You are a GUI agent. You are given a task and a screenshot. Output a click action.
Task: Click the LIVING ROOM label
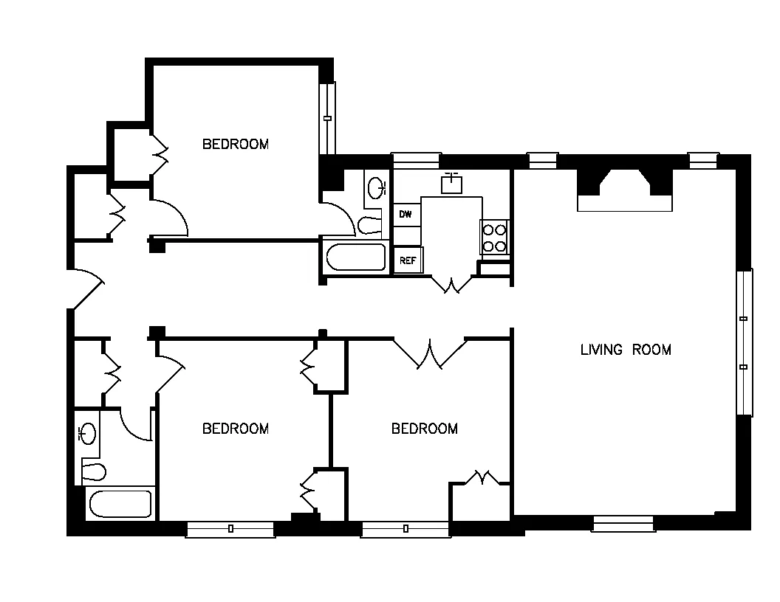pyautogui.click(x=626, y=350)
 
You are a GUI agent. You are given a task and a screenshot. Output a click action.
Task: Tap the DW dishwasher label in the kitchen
pyautogui.click(x=405, y=214)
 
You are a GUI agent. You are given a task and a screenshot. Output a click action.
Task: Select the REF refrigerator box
pyautogui.click(x=407, y=260)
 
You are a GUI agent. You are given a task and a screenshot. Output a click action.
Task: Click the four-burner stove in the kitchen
pyautogui.click(x=493, y=238)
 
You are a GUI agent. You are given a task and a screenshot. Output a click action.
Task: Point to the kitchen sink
pyautogui.click(x=451, y=182)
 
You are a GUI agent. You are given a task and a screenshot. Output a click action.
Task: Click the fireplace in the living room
pyautogui.click(x=624, y=190)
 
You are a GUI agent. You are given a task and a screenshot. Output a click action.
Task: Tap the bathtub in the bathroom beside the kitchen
pyautogui.click(x=356, y=258)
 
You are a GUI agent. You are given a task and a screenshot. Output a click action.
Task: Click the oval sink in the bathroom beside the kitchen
pyautogui.click(x=377, y=187)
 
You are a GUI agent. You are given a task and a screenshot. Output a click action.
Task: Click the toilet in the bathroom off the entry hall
pyautogui.click(x=94, y=470)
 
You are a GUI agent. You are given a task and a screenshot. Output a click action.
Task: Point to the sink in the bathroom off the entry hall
pyautogui.click(x=88, y=433)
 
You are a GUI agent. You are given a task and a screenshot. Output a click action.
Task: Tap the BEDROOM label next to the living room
pyautogui.click(x=424, y=429)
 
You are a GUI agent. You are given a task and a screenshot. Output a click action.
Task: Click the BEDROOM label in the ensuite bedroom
pyautogui.click(x=235, y=145)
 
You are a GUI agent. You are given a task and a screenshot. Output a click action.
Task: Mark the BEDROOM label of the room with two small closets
pyautogui.click(x=235, y=429)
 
